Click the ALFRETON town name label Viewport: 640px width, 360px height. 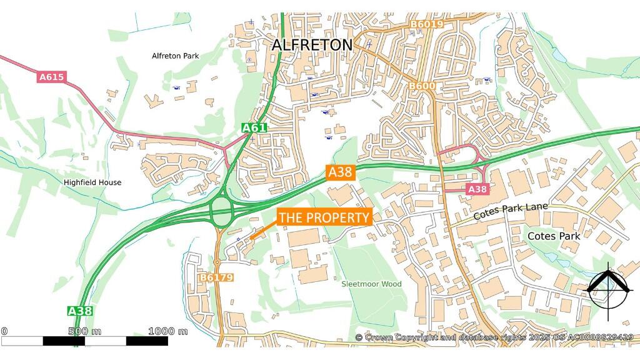[312, 45]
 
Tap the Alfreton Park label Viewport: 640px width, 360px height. [175, 56]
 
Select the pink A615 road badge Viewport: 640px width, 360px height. [52, 77]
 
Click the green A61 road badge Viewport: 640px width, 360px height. [254, 128]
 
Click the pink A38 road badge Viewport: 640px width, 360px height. [477, 189]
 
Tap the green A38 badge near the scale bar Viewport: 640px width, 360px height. [81, 311]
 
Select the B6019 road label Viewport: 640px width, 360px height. [427, 24]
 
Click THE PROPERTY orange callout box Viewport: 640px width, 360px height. [324, 217]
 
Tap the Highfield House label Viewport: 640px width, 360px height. [92, 182]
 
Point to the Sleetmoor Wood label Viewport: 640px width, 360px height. [371, 284]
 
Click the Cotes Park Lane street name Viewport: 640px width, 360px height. [510, 211]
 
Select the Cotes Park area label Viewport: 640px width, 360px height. [554, 236]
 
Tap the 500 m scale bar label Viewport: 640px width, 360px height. [86, 331]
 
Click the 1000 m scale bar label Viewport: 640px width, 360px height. [167, 331]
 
